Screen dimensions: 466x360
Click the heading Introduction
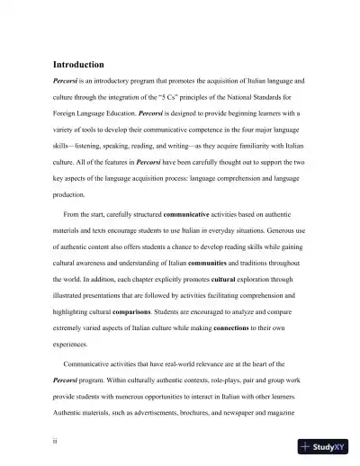pos(78,65)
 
